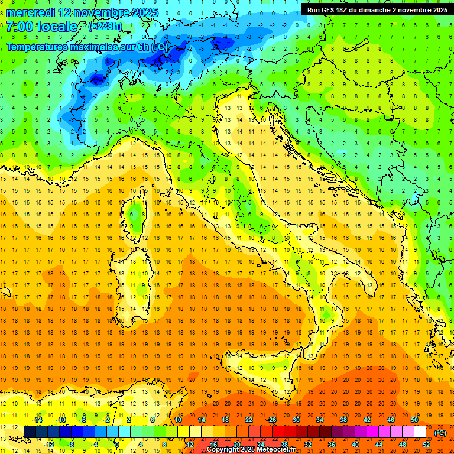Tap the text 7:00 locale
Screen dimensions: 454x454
[x=41, y=27]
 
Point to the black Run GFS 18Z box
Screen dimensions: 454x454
[x=377, y=9]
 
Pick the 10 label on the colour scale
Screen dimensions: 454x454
[x=177, y=420]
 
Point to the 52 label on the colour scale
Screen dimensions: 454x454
[x=426, y=445]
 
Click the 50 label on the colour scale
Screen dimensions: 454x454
[x=414, y=420]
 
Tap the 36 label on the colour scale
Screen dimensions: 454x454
[x=331, y=445]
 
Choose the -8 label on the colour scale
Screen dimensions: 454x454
[x=72, y=445]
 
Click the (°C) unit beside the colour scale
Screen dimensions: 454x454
[x=440, y=432]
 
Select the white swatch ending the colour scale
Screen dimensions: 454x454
[x=420, y=432]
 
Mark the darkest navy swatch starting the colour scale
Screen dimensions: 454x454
[x=30, y=432]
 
